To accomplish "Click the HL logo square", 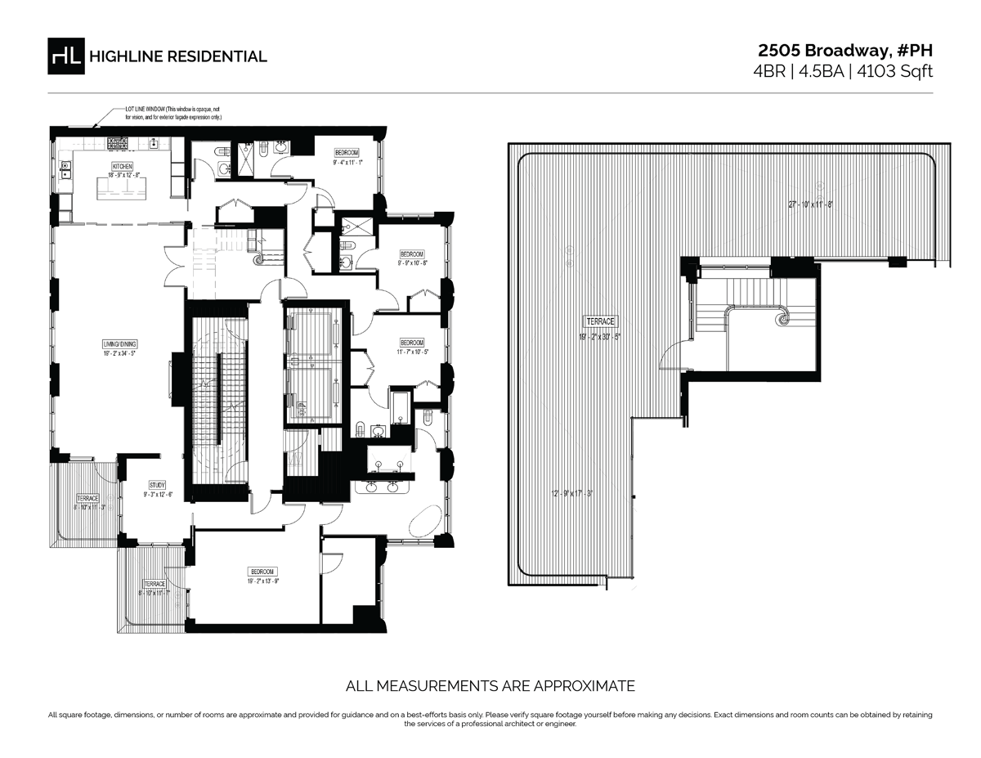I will (66, 56).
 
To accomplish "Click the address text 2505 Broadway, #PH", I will (844, 51).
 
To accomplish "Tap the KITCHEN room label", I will (122, 166).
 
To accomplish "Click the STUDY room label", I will (157, 485).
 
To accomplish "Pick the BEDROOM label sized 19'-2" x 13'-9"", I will (263, 571).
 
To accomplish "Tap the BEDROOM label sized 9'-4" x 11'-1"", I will (347, 153).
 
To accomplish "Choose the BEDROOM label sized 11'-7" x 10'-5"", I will (412, 342).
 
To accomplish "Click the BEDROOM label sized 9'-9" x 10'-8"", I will (412, 253).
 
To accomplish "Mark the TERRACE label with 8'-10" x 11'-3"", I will (87, 498).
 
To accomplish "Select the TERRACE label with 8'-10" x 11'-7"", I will (155, 584).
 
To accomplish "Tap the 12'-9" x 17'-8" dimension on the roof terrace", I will (571, 493).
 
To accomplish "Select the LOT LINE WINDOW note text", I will (172, 109).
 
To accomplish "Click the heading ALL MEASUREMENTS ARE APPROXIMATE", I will (490, 685).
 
